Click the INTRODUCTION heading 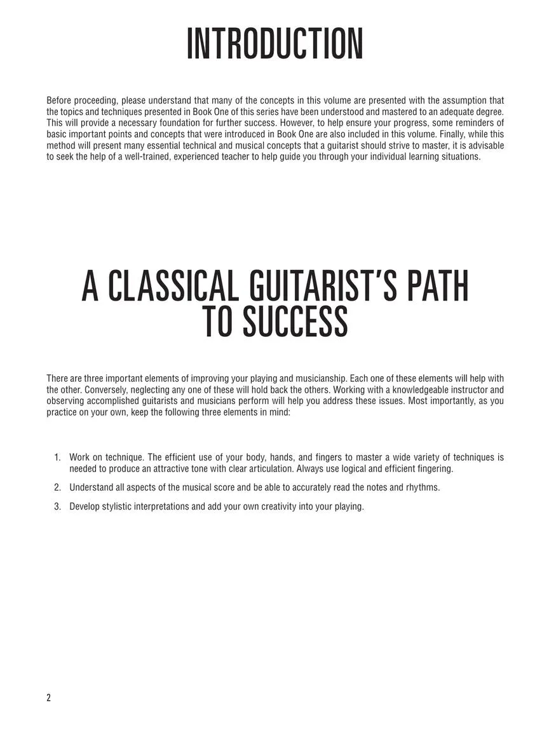(x=274, y=44)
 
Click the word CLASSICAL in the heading (x=173, y=287)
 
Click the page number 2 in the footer (x=49, y=698)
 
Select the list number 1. (x=57, y=457)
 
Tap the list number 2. (x=57, y=487)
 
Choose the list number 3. (x=57, y=506)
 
